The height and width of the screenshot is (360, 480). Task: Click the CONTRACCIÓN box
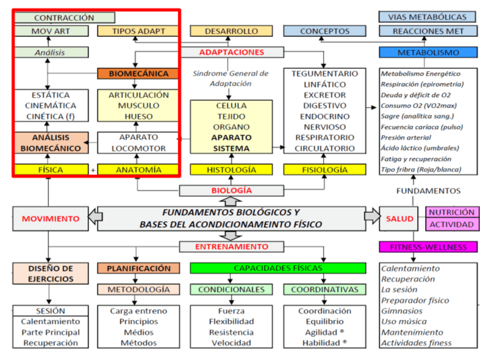64,18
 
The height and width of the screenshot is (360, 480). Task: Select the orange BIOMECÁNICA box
138,74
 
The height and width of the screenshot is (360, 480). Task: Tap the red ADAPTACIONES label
232,53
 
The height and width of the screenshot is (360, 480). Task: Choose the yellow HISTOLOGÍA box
232,169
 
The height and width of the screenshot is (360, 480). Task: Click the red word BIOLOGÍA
232,190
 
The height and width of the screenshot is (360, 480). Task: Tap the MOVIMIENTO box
50,218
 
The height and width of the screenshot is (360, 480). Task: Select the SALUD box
400,218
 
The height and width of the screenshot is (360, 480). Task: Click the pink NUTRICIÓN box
451,212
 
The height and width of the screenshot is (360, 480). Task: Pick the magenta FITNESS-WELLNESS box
427,247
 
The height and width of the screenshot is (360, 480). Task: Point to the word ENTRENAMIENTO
232,247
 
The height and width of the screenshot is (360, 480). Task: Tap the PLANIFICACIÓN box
138,268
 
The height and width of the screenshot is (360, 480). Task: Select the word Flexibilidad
232,322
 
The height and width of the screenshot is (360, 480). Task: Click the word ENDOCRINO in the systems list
324,116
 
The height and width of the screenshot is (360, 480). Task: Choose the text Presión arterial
406,138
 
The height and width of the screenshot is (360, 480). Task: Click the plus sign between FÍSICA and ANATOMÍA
93,169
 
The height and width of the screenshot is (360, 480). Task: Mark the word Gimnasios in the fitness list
402,311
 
